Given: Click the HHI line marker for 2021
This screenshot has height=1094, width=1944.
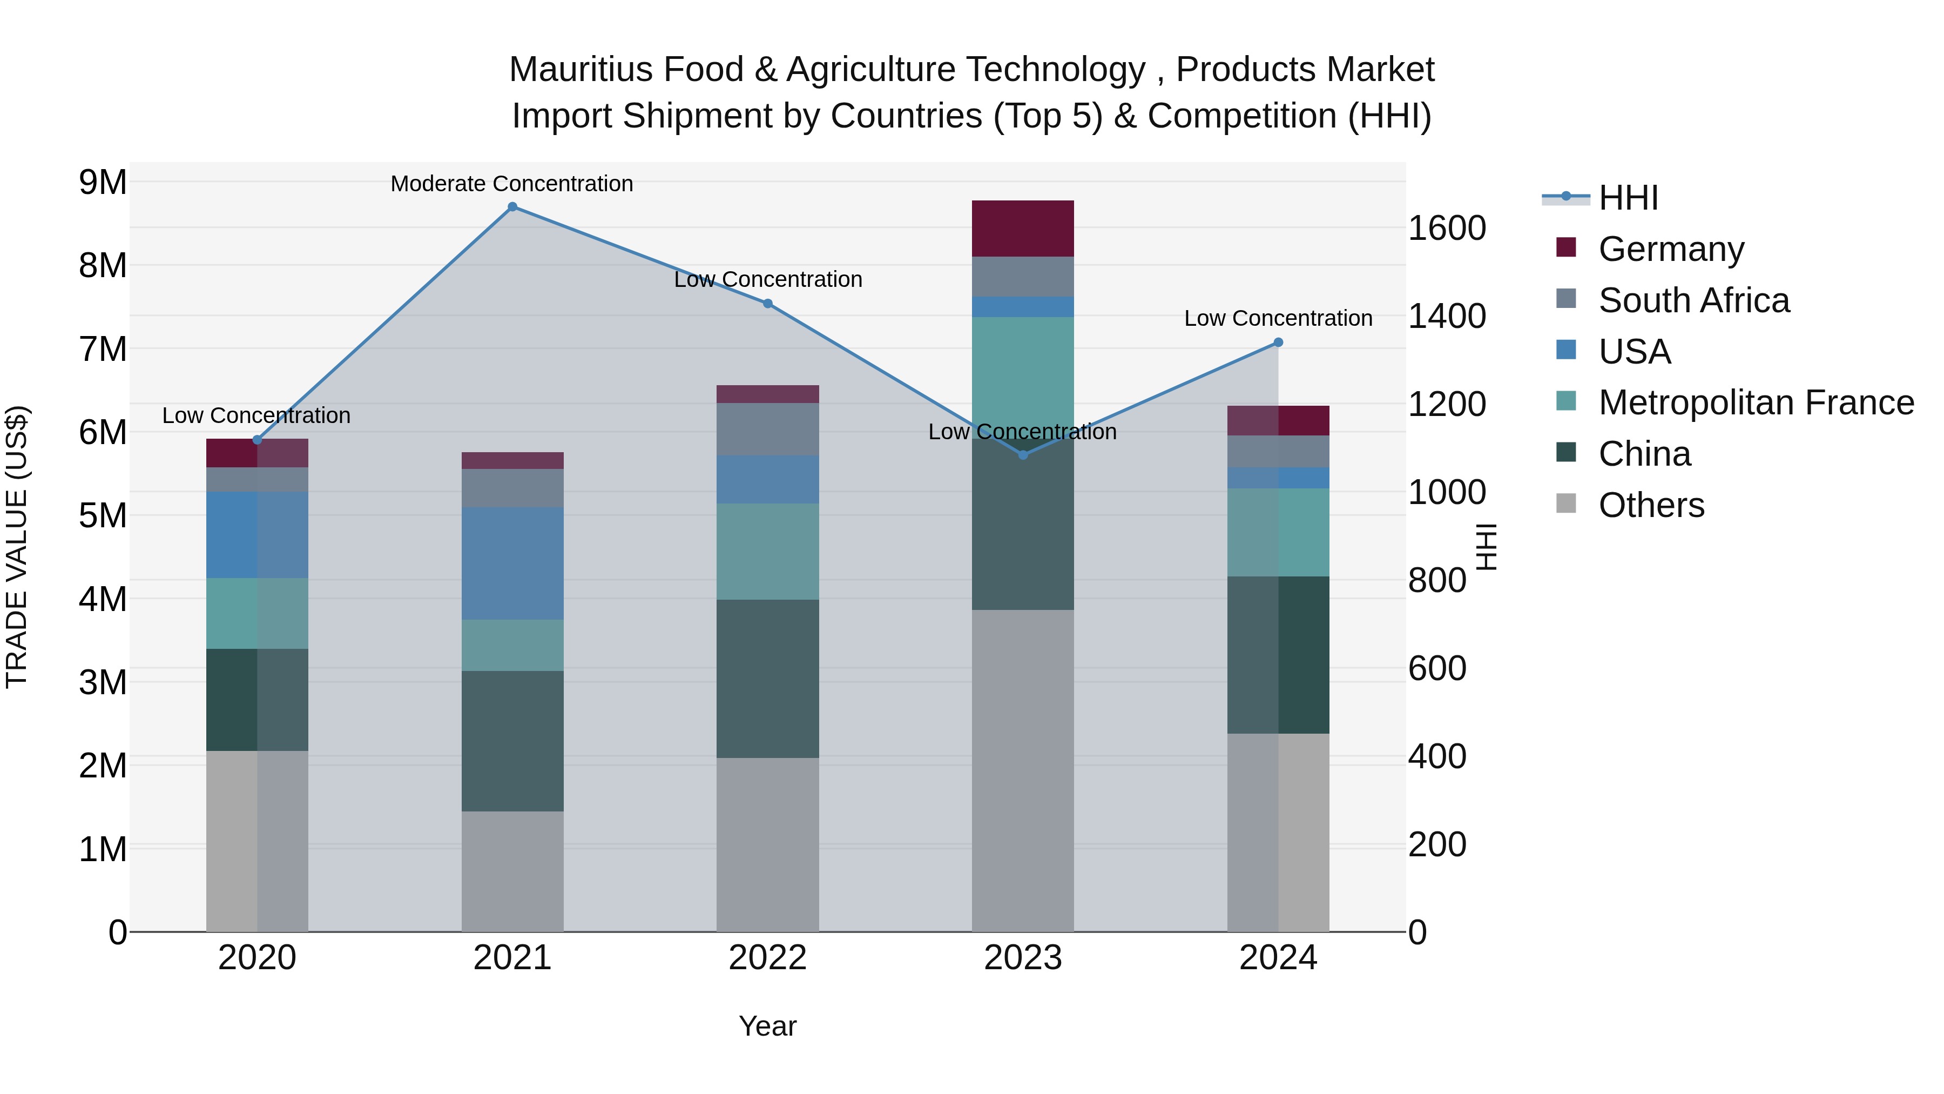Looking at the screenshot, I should point(512,207).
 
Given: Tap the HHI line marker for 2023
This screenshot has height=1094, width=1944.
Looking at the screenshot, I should point(1023,454).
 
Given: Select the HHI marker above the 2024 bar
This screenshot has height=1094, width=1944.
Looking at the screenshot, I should point(1278,343).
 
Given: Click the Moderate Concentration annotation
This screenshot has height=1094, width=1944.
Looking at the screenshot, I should point(512,184).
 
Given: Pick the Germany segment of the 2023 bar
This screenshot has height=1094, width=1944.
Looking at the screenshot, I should point(1023,229).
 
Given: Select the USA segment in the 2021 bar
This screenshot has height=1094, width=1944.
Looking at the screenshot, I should point(512,563).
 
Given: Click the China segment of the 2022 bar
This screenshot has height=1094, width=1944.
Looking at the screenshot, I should point(767,679).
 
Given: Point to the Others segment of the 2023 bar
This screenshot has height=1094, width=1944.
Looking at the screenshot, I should point(1023,770).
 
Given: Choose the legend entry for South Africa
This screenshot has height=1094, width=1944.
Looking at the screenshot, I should point(1693,300).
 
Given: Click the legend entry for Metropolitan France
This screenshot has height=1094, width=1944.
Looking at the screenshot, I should point(1756,402).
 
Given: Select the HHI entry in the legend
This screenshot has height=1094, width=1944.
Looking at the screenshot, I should point(1628,198).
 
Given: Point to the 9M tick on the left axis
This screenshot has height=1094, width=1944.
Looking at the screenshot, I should point(103,182).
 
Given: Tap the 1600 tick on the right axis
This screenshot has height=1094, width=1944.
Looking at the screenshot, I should point(1447,228).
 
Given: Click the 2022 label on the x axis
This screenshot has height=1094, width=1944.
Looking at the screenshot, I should point(767,958).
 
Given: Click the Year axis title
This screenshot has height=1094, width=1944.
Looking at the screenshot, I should point(767,1026).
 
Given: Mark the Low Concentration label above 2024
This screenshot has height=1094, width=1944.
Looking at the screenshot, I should point(1278,319).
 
